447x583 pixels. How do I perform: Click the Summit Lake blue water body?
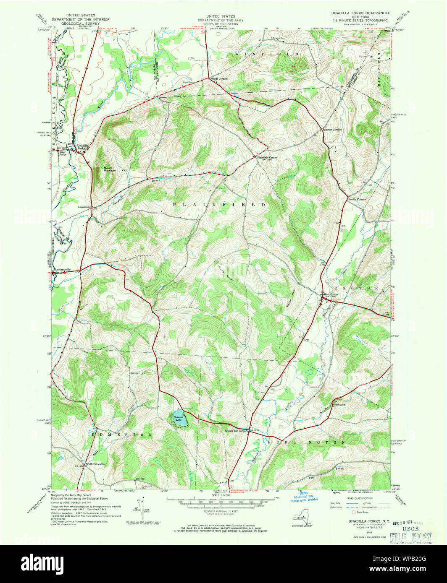(179, 417)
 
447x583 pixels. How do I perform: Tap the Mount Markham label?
(110, 170)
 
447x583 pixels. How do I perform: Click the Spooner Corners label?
(332, 130)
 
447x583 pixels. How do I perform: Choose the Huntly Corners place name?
(357, 199)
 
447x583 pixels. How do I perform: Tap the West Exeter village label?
(330, 294)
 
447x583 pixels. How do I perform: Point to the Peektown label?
(339, 405)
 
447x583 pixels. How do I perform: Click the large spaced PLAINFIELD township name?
(219, 205)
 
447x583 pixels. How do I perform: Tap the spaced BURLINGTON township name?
(306, 442)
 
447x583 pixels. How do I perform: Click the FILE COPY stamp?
(410, 536)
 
